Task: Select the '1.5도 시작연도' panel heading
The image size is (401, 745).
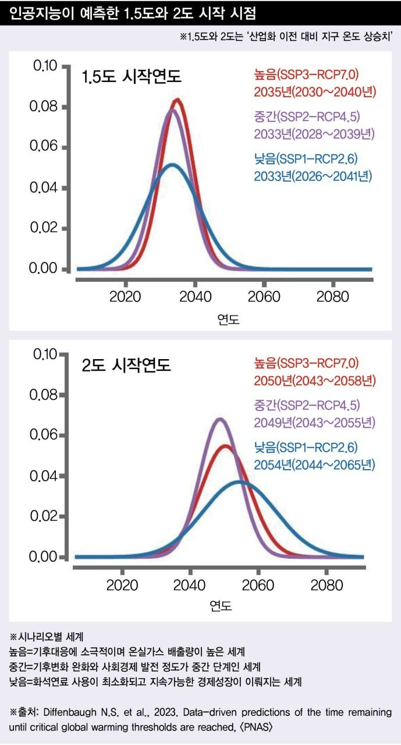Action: tap(132, 76)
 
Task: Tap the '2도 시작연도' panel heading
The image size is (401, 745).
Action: tap(126, 366)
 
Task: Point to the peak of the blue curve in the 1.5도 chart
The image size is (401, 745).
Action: tap(172, 165)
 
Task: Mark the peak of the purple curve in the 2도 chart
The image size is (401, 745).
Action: tap(219, 418)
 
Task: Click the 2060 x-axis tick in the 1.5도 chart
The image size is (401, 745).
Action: tap(264, 296)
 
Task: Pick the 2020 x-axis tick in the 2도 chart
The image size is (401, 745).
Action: tap(122, 584)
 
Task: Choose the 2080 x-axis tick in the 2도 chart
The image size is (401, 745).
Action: tap(327, 584)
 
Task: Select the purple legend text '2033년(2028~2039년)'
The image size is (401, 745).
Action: tap(315, 134)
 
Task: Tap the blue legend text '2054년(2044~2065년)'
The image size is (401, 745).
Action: tap(315, 464)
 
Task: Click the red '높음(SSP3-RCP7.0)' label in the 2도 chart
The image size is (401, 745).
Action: tap(306, 364)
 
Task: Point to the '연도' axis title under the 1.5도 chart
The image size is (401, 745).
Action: tap(228, 318)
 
